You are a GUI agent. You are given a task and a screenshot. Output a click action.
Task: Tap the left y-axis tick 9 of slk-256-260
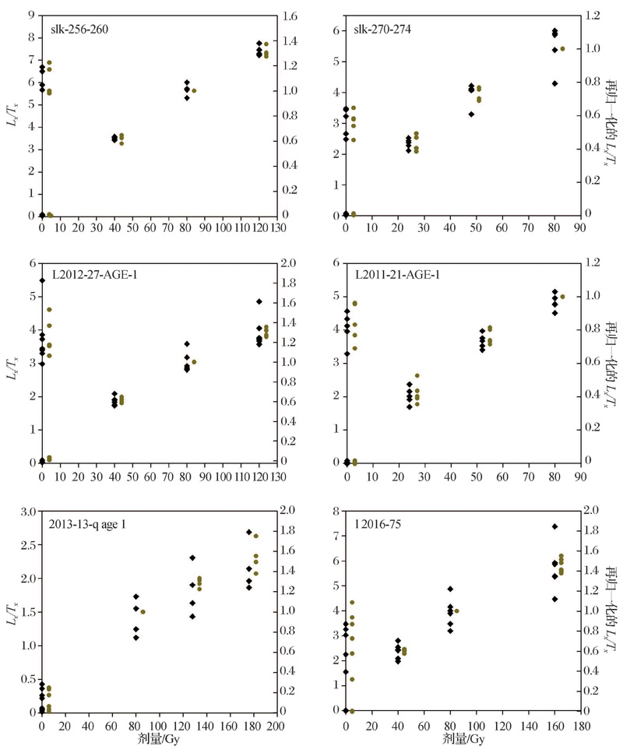pyautogui.click(x=30, y=15)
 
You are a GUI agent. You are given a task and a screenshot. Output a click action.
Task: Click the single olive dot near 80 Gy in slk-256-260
pyautogui.click(x=194, y=91)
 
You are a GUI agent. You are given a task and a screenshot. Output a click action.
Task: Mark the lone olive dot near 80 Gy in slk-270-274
pyautogui.click(x=562, y=49)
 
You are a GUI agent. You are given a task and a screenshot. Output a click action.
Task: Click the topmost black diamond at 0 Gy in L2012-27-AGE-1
pyautogui.click(x=41, y=280)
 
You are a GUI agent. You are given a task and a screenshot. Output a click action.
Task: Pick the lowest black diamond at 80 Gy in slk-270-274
pyautogui.click(x=554, y=83)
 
